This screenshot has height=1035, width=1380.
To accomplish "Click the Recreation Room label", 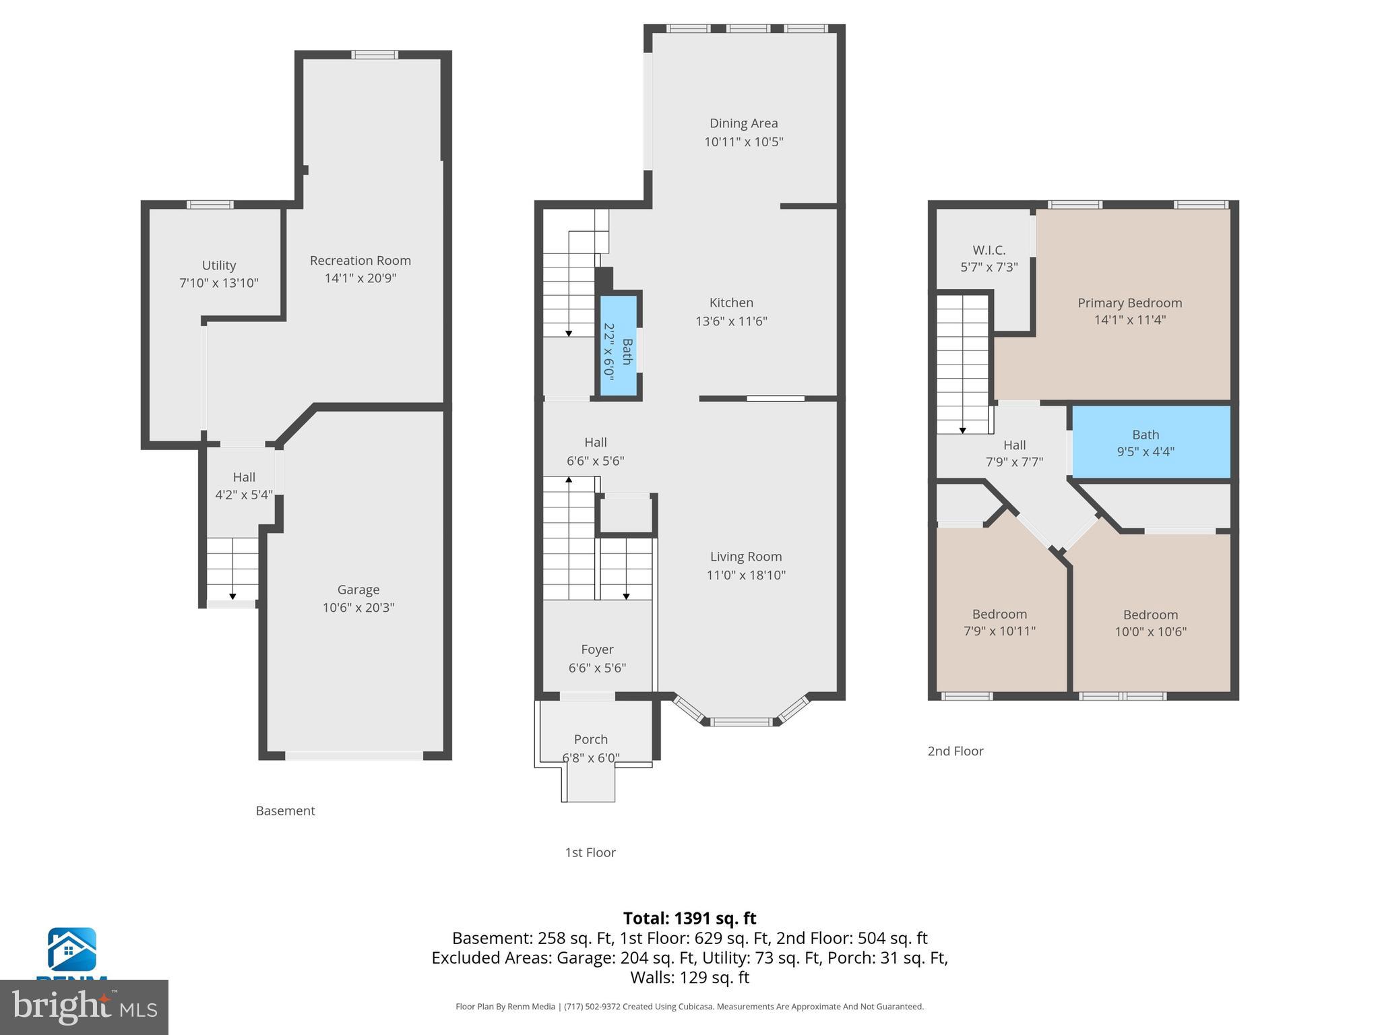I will [x=360, y=260].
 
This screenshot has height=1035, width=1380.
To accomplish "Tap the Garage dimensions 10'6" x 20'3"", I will [x=358, y=607].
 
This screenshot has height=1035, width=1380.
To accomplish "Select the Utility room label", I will [x=218, y=265].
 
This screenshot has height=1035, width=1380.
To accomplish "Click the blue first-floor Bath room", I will [x=619, y=346].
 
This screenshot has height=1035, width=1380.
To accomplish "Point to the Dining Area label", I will [x=743, y=123].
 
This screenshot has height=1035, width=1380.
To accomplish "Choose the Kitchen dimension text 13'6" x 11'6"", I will [x=731, y=321].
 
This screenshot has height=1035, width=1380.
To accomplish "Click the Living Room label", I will [x=745, y=557].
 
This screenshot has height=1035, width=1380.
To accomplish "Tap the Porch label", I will [x=590, y=739].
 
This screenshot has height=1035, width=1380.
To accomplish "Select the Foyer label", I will [x=597, y=649].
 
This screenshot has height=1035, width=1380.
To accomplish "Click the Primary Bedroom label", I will [x=1129, y=303].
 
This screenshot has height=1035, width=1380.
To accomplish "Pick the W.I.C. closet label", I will [x=989, y=250].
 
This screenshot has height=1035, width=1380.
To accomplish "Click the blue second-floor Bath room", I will [x=1150, y=442].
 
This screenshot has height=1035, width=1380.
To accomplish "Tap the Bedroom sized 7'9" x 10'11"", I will [x=999, y=622].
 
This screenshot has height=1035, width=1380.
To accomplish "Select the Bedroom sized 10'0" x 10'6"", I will [x=1150, y=623].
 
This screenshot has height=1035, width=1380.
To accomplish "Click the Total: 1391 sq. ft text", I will [x=689, y=918].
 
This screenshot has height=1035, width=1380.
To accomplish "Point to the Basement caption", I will [x=285, y=811].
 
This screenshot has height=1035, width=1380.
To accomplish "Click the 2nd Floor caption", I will [x=955, y=751].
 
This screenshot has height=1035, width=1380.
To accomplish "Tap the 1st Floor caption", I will [x=590, y=852].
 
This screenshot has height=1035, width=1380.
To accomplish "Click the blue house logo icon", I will [x=71, y=949].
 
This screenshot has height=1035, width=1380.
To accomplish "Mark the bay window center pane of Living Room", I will [x=741, y=722].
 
